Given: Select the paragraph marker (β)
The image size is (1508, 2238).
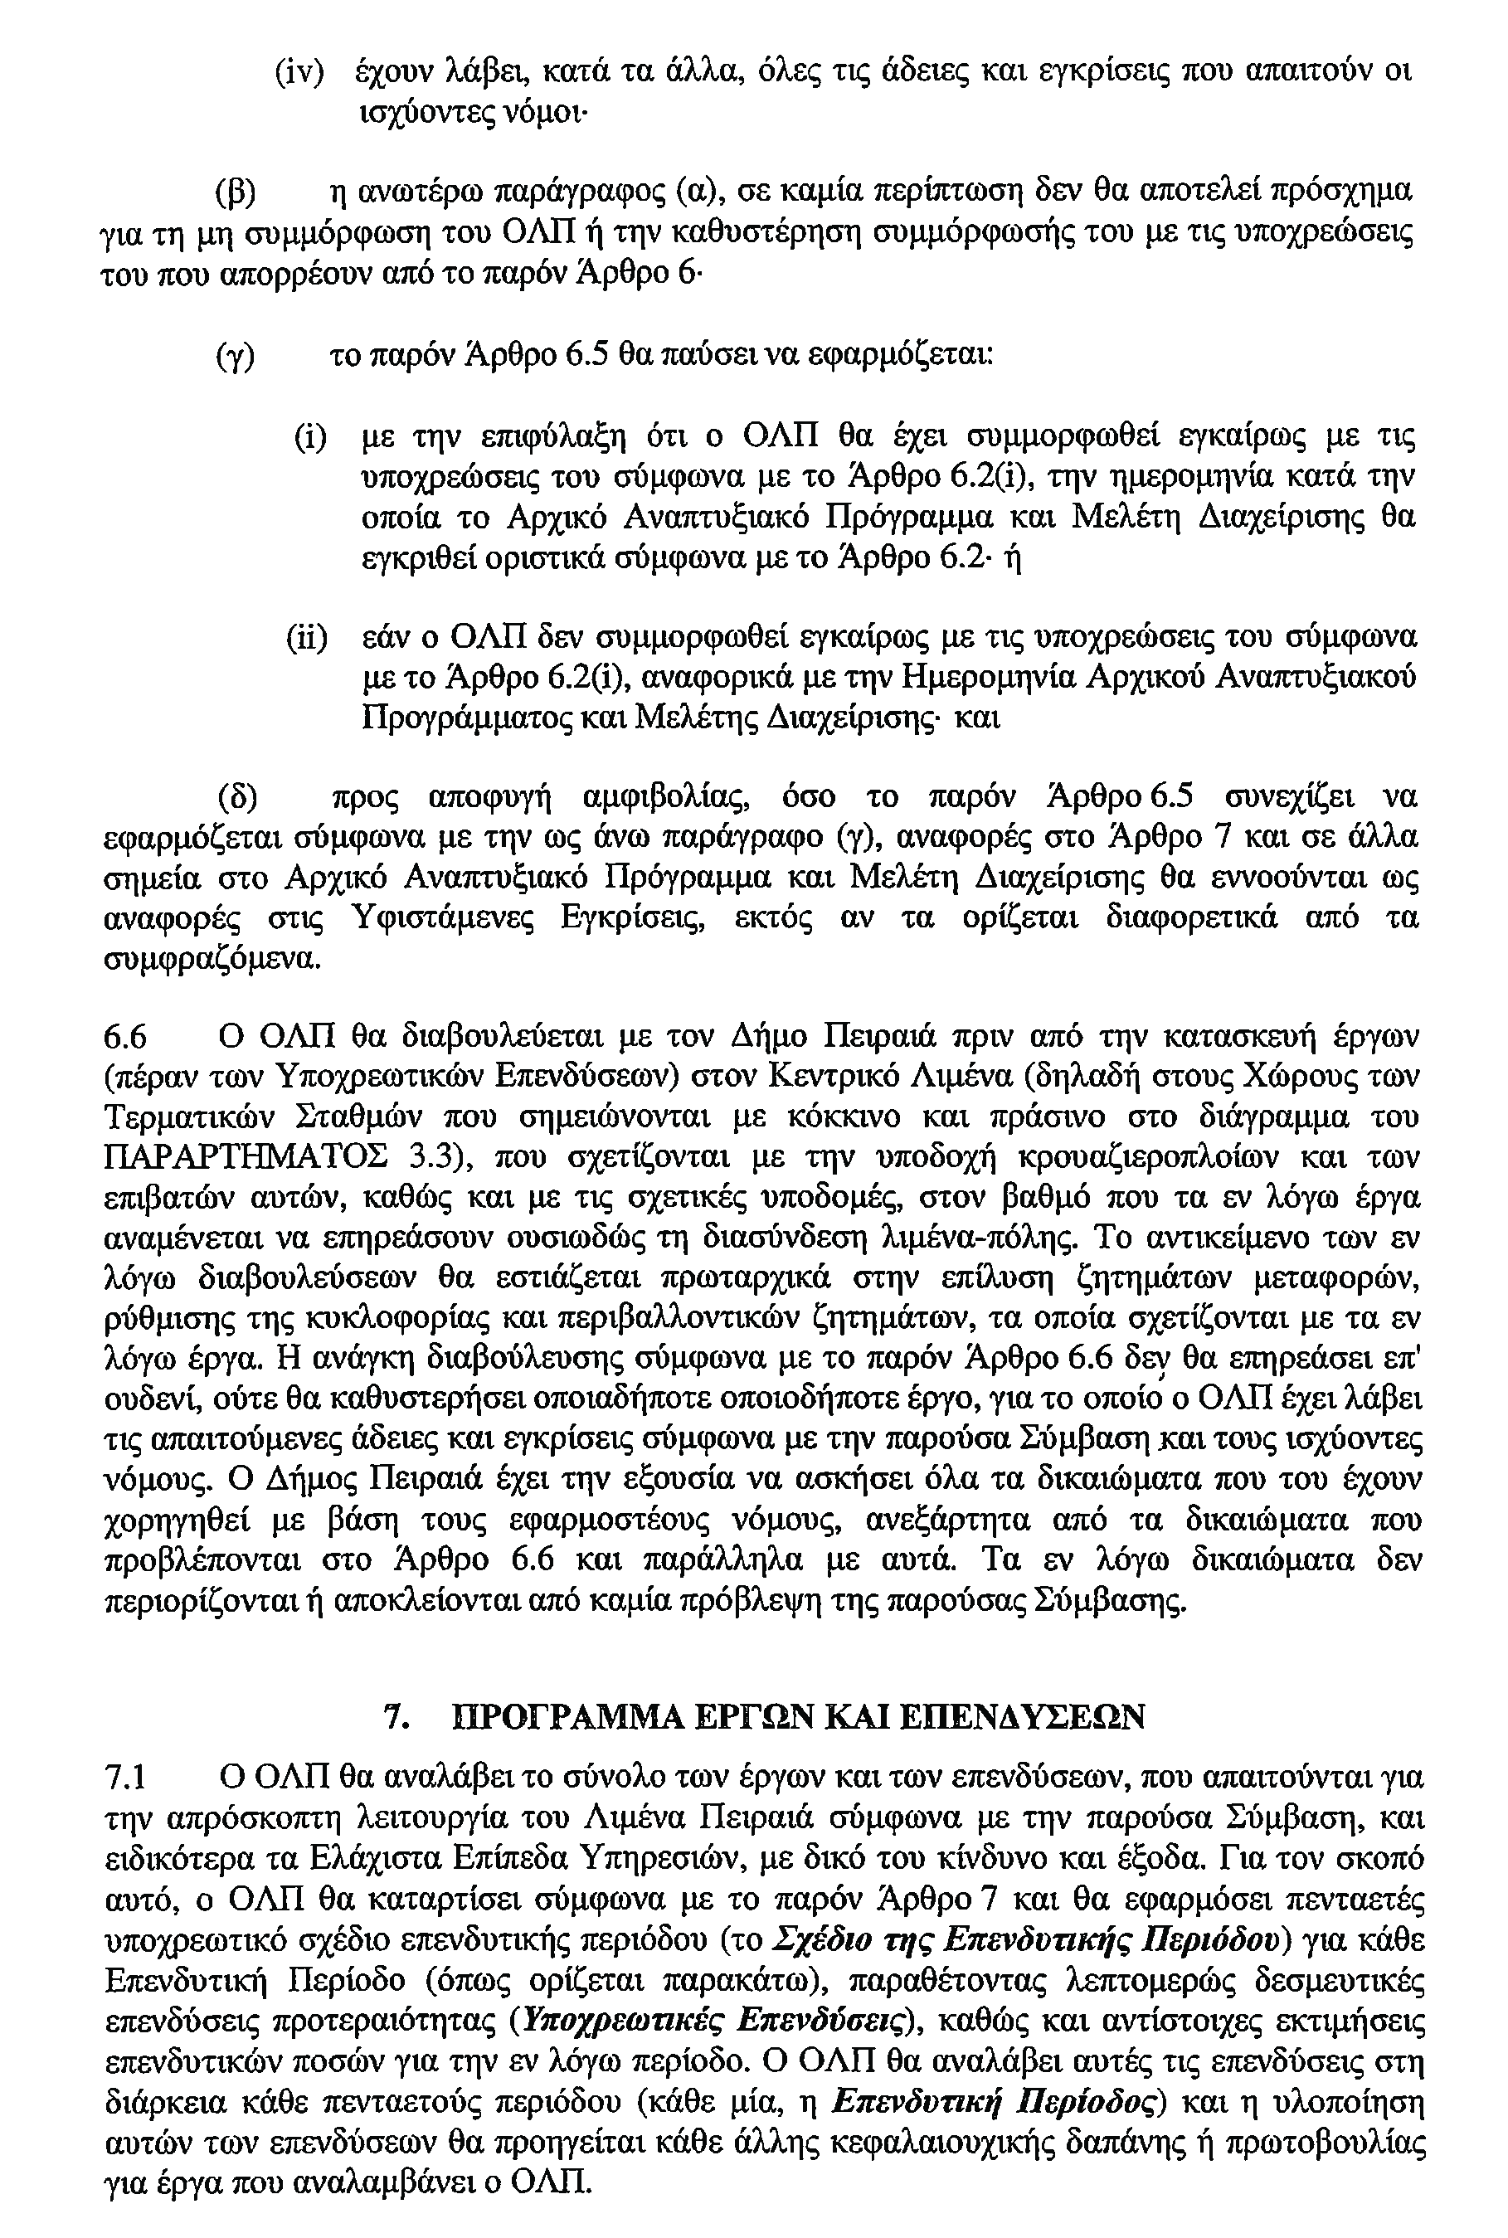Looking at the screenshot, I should pos(235,192).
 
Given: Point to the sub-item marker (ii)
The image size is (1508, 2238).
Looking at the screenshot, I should pos(307,638).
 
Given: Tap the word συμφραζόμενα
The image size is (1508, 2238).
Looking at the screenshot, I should pos(210,960).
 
